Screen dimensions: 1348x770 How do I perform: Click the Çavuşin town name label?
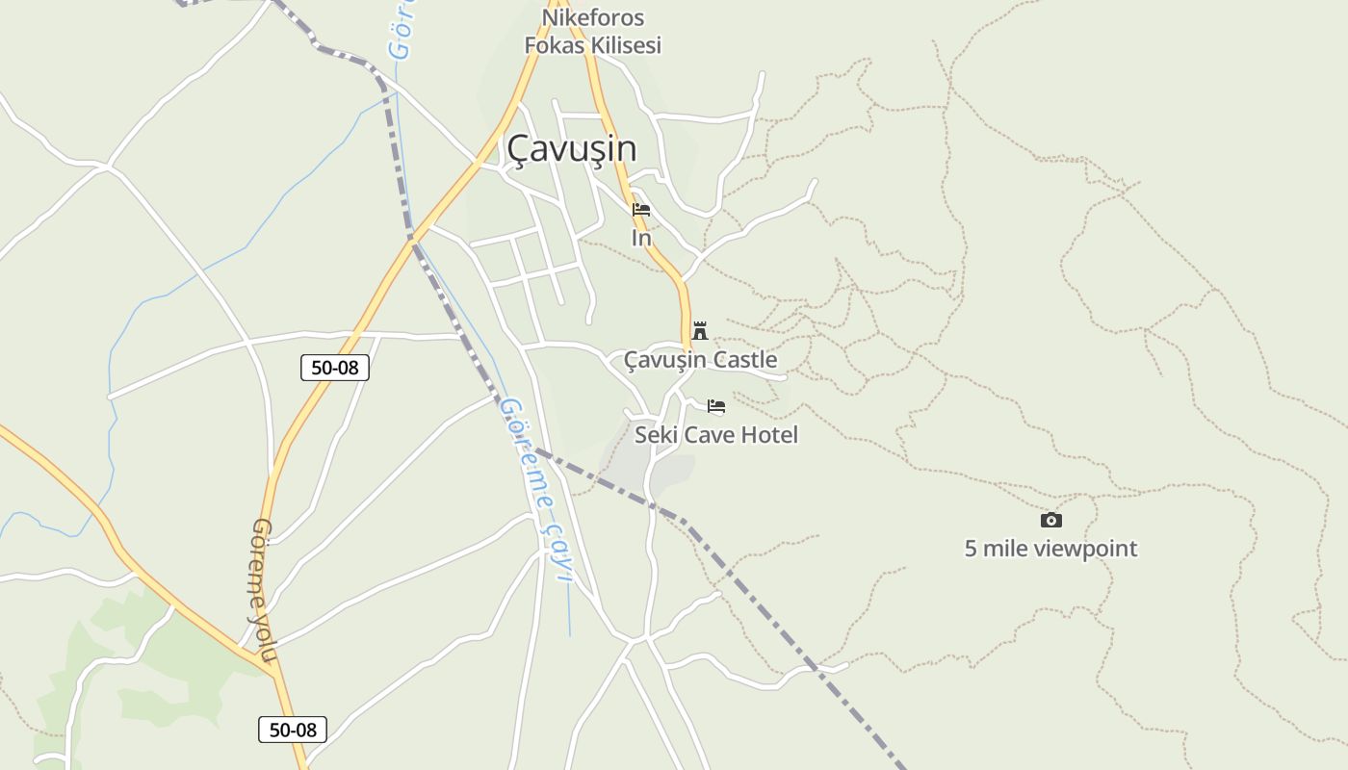click(571, 148)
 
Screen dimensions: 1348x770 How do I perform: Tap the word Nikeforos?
click(593, 17)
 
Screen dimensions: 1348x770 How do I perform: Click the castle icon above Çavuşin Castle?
click(700, 330)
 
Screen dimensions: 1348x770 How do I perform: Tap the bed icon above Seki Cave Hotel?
click(716, 406)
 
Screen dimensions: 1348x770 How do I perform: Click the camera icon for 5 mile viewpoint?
click(1051, 520)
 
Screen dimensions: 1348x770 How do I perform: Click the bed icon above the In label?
click(641, 210)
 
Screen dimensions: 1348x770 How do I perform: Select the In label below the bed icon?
click(641, 237)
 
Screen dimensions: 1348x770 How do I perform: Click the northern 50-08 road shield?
click(335, 367)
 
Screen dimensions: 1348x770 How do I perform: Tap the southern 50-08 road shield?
click(293, 730)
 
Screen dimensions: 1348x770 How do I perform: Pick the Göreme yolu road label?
click(263, 589)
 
